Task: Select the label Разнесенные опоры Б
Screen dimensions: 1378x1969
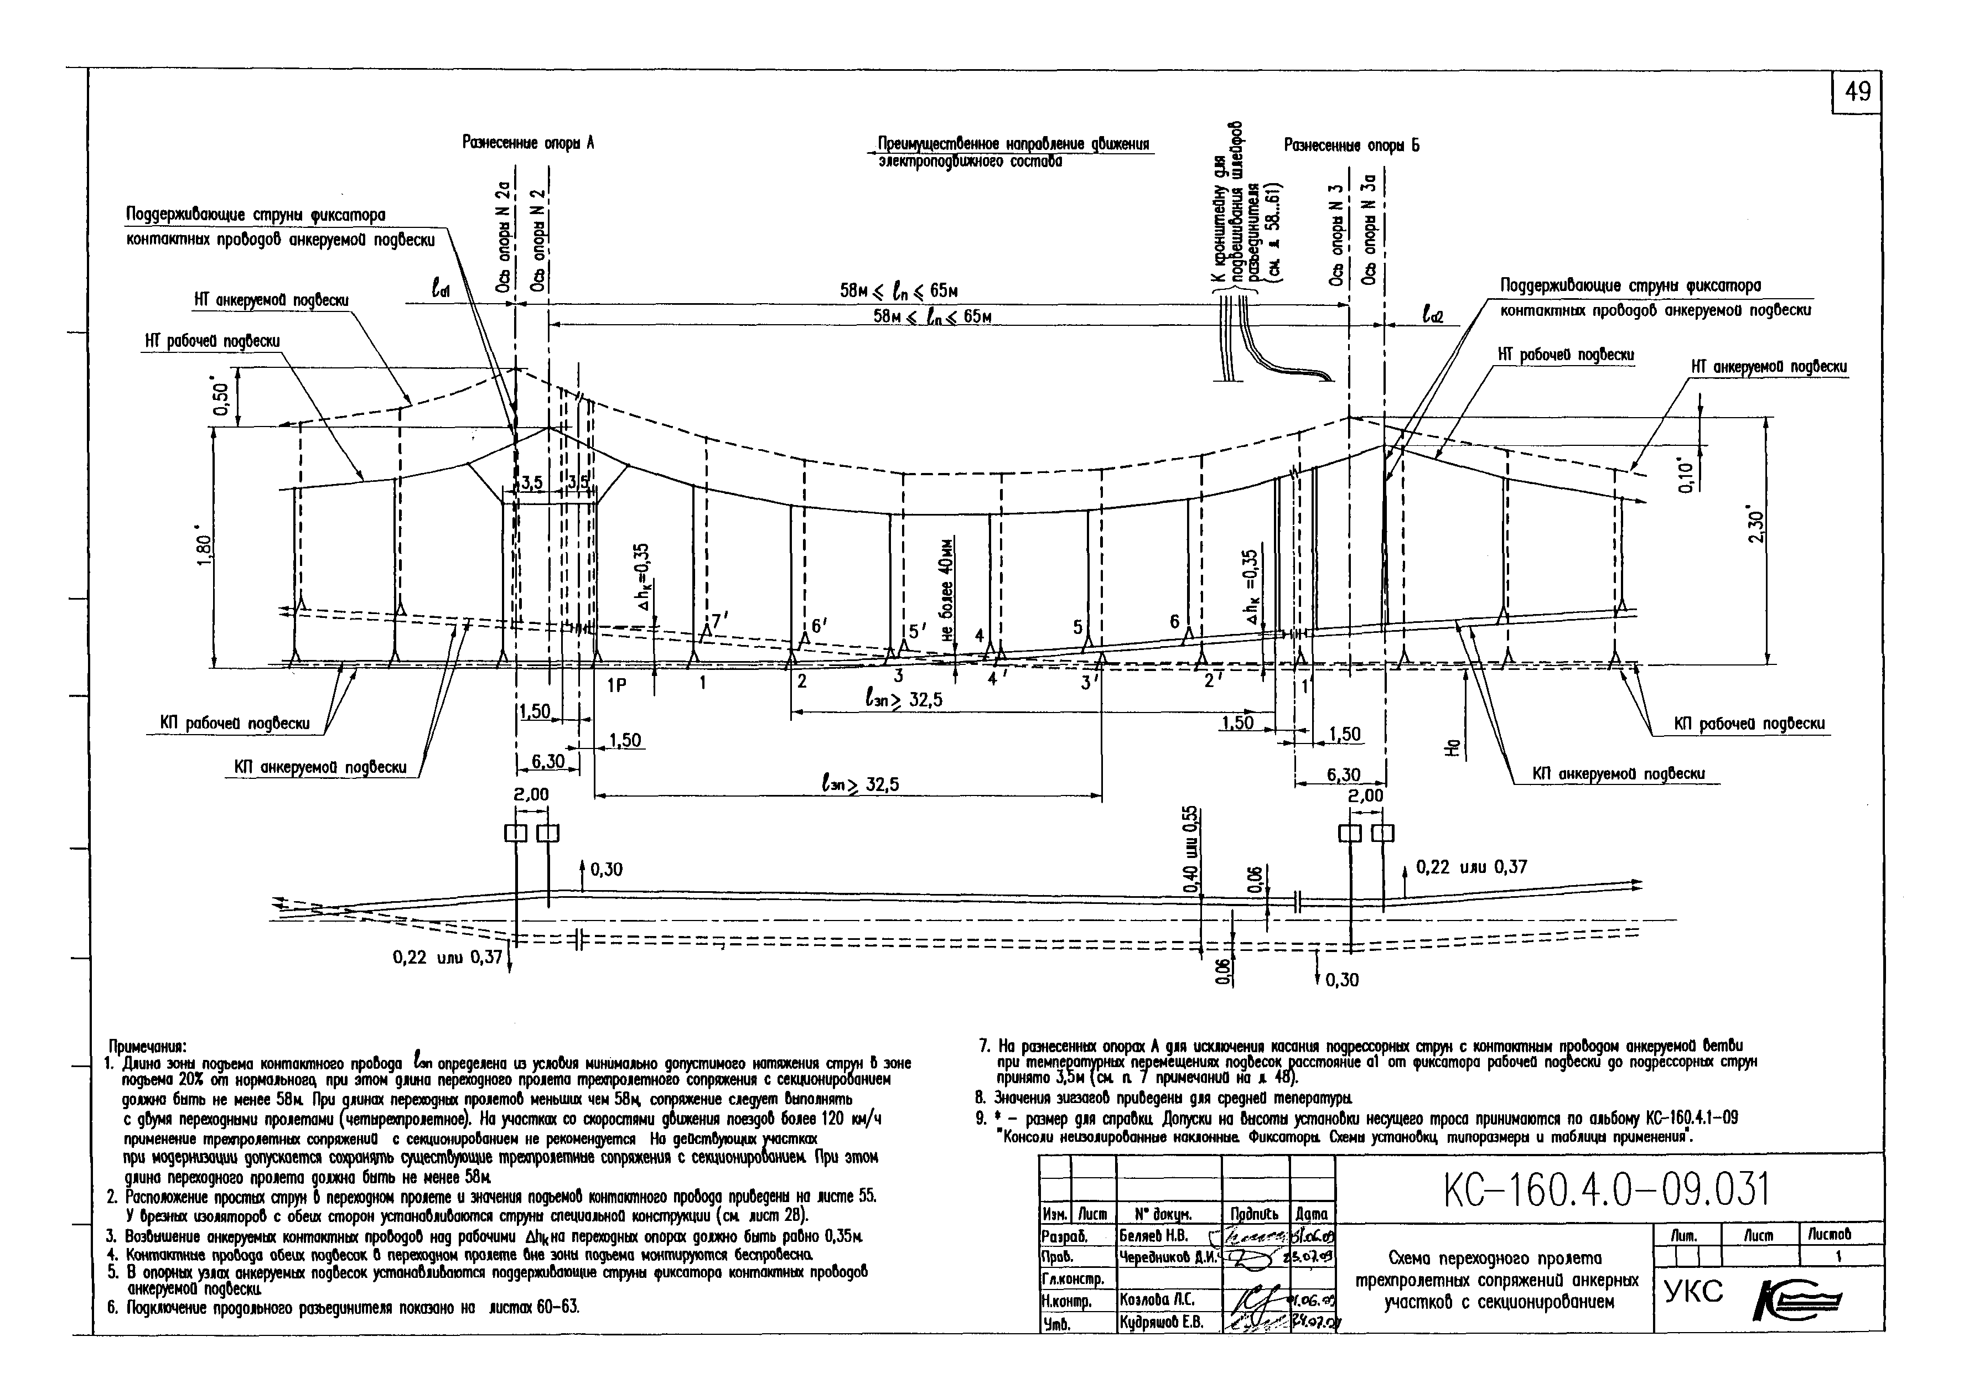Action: [x=1351, y=146]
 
